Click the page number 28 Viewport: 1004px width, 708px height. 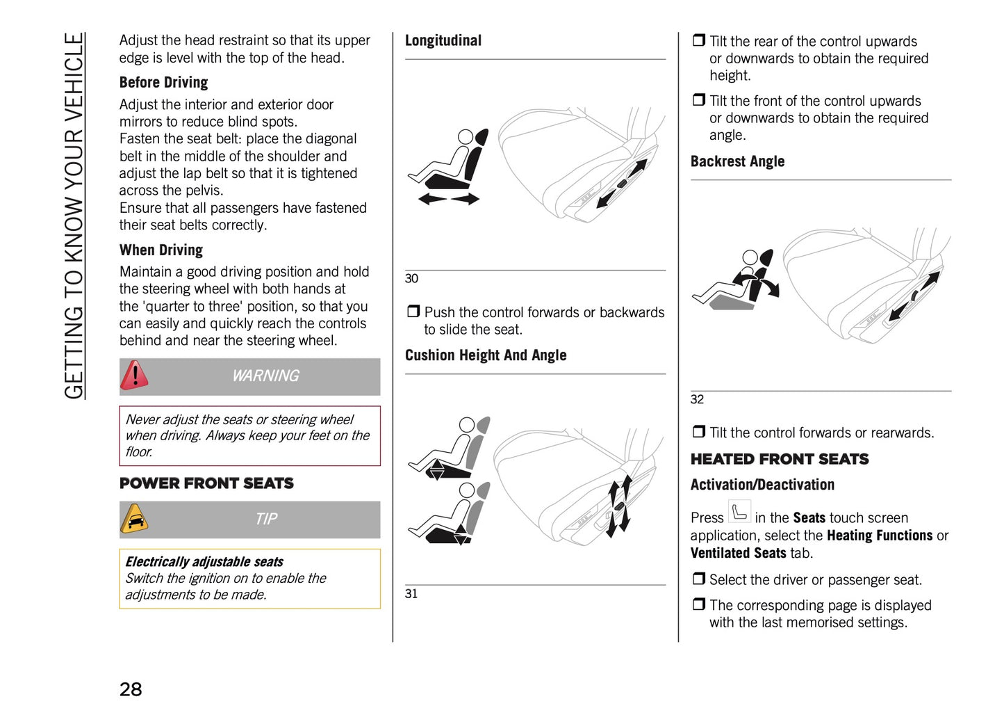[131, 689]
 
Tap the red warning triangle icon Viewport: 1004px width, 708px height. [134, 376]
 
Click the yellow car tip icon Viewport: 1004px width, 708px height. [134, 519]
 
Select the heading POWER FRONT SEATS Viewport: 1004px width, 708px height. [206, 483]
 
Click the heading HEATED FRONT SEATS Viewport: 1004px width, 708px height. [779, 459]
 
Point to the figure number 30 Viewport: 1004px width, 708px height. [411, 279]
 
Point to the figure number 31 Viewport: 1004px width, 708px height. [411, 594]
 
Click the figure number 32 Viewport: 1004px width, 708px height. [697, 399]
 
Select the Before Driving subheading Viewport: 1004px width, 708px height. [163, 83]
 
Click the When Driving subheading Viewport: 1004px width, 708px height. [161, 250]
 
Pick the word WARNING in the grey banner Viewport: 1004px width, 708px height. [265, 376]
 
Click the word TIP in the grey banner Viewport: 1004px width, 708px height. [266, 520]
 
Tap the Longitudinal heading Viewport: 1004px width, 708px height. [443, 41]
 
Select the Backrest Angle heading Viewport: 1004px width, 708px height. [737, 161]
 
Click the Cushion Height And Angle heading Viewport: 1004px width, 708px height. [486, 355]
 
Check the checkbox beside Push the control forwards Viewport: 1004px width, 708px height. [413, 312]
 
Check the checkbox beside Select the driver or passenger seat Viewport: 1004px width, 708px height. [698, 579]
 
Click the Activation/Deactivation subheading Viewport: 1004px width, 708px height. [762, 485]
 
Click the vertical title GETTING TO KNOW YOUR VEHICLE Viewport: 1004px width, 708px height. [74, 216]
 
